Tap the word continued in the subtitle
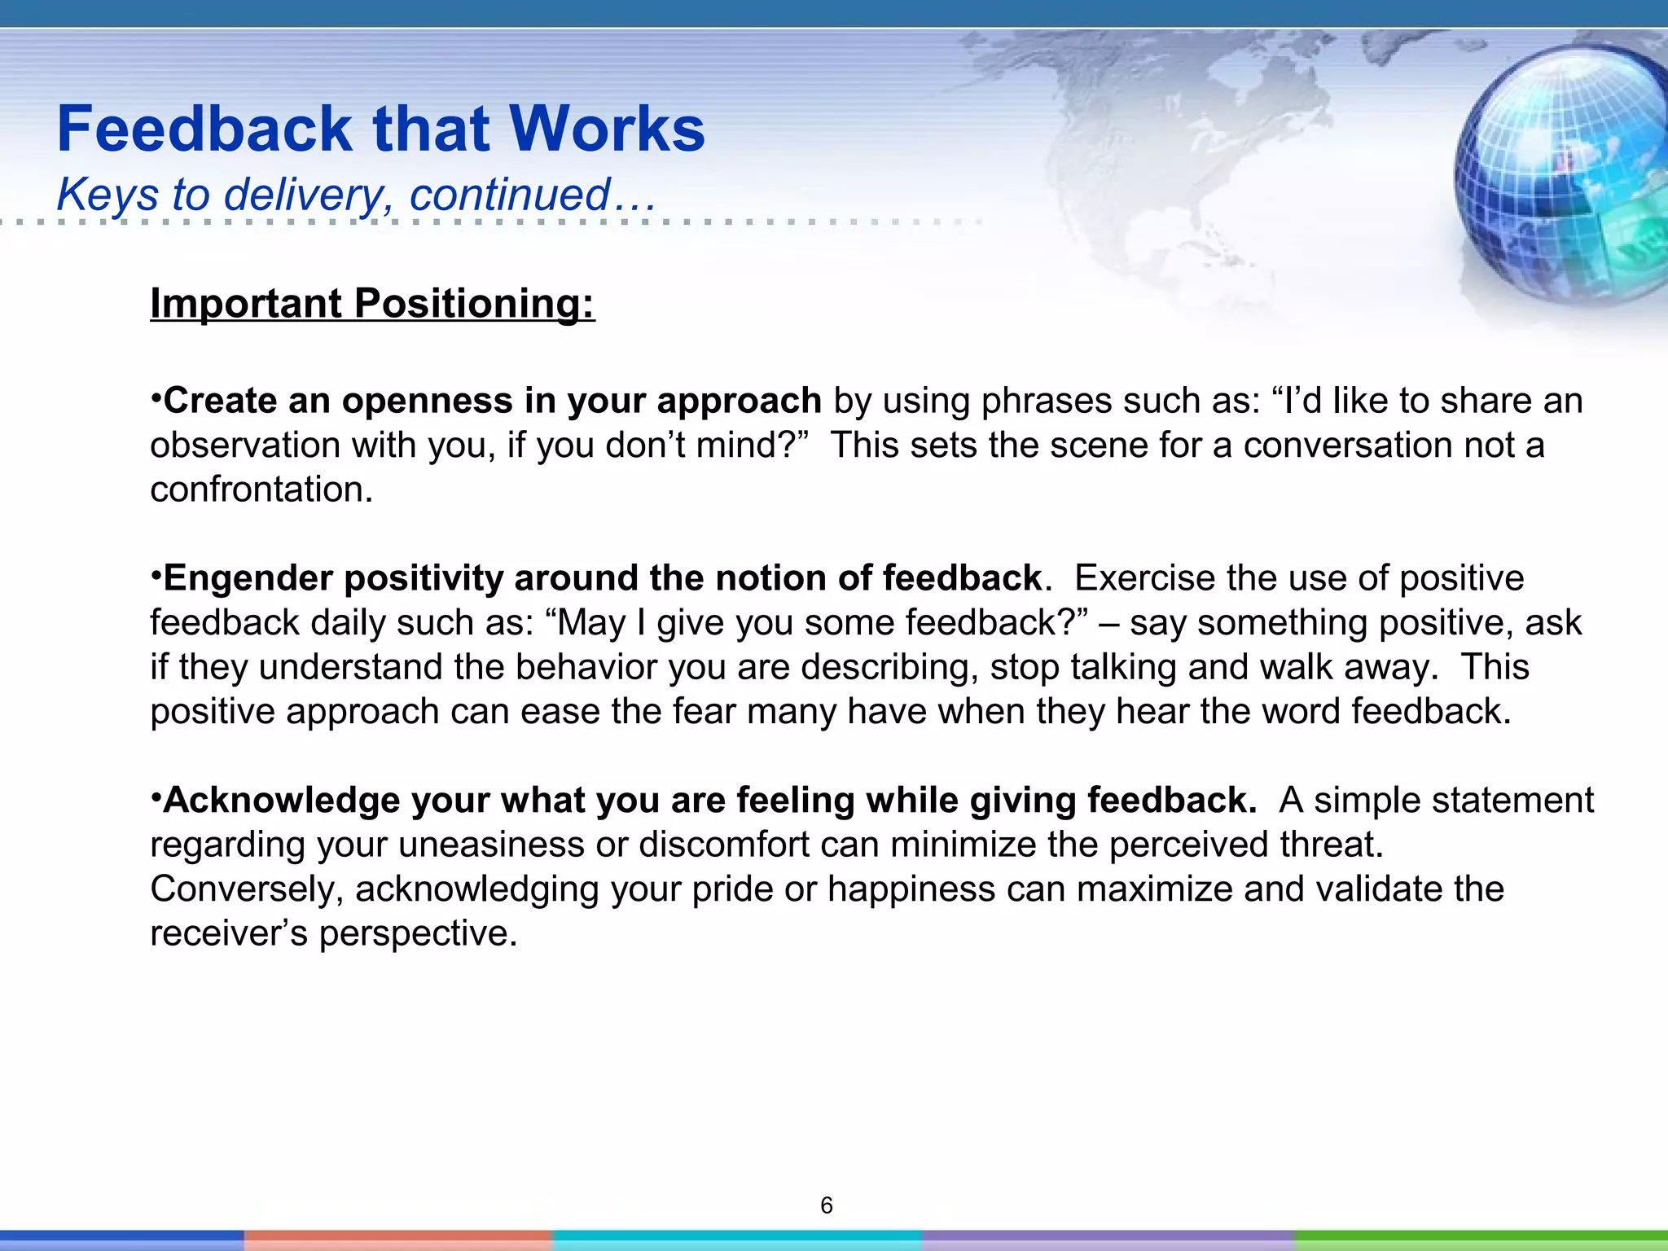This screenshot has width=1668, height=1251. point(510,195)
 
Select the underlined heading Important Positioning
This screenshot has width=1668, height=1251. point(372,303)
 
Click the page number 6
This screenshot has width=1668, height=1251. point(827,1205)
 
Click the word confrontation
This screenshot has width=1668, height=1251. point(261,489)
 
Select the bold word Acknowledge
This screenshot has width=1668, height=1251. point(281,801)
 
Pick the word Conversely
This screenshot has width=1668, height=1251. point(247,889)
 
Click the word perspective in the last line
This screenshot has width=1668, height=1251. point(418,933)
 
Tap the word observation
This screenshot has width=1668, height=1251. point(245,446)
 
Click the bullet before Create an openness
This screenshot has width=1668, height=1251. point(156,399)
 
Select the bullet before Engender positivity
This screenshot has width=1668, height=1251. point(156,577)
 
